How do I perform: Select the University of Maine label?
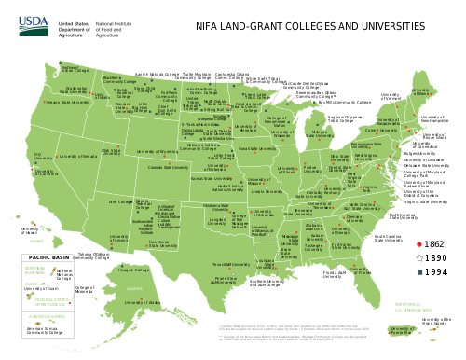(x=423, y=91)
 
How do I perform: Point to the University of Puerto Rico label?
(x=403, y=329)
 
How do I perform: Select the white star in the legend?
(x=419, y=257)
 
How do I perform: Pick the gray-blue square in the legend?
(x=419, y=272)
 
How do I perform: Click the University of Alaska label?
(x=137, y=302)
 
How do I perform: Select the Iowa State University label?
(x=257, y=147)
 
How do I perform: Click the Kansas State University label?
(x=213, y=177)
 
